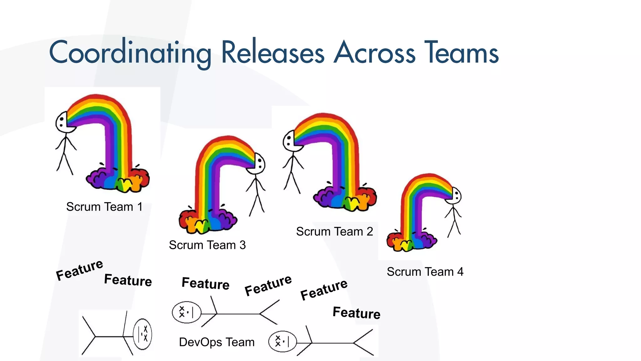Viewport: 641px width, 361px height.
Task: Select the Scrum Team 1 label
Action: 104,207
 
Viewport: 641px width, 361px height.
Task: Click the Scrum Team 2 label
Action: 334,232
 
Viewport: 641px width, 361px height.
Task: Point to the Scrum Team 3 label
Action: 207,245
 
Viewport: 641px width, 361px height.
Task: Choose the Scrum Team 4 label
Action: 425,272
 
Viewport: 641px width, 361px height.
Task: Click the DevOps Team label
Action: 217,342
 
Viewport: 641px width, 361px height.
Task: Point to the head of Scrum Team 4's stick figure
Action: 455,196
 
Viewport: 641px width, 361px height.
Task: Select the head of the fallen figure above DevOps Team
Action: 186,312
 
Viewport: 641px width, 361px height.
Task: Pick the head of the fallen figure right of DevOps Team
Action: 282,341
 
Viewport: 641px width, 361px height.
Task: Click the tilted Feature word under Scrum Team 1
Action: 79,270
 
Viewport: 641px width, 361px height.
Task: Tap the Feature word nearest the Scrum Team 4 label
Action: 356,313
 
